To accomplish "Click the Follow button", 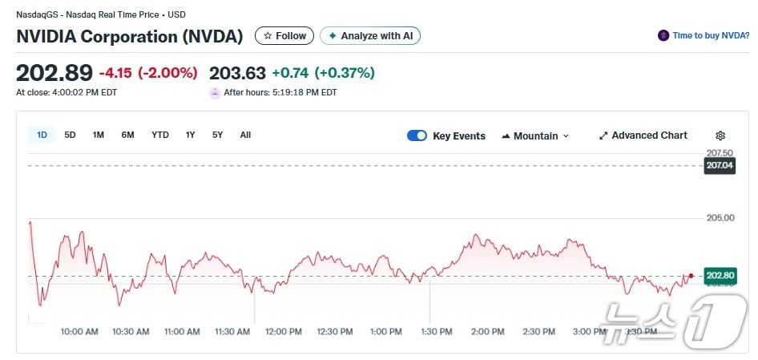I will tap(284, 36).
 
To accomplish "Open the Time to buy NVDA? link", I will tap(704, 36).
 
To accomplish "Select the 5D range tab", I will tap(71, 135).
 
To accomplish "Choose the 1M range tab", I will tap(99, 135).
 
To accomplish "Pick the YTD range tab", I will tap(160, 135).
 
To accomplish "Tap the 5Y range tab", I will tap(218, 135).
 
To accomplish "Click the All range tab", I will tap(245, 135).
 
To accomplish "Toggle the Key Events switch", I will tap(417, 136).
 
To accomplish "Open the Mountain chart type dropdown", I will tap(535, 136).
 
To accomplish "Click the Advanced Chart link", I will tap(643, 136).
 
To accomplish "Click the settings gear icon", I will tap(720, 136).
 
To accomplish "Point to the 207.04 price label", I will tap(720, 166).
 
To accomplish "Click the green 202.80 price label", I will tap(720, 277).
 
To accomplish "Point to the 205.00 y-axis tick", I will tap(720, 218).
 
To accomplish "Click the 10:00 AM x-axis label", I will tap(79, 332).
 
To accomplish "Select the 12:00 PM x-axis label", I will tap(284, 332).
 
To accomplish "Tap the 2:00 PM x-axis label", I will tap(487, 332).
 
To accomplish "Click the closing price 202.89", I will tap(54, 73).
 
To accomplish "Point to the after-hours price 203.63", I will tap(237, 73).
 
